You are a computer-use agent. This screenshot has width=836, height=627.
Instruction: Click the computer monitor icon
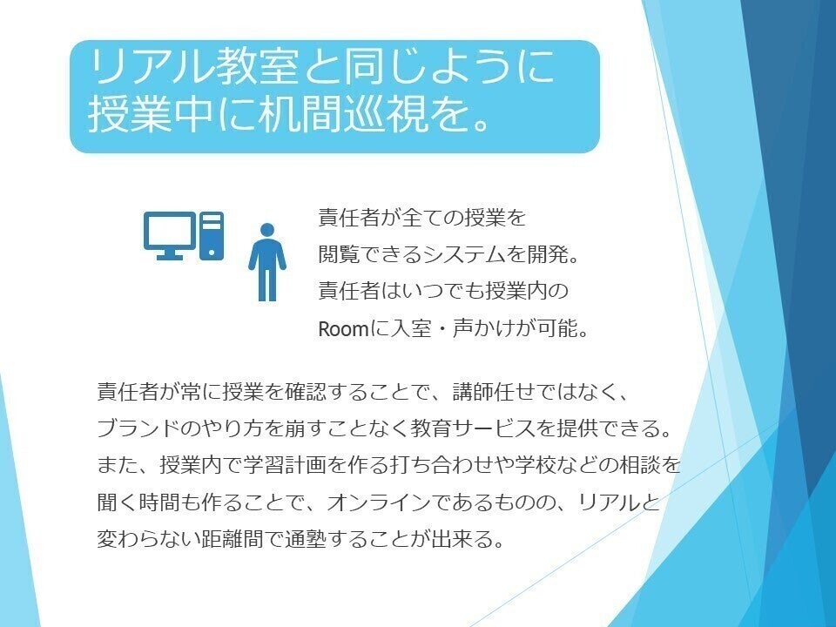tap(170, 235)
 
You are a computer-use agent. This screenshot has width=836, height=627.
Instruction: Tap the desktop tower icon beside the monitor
tap(212, 236)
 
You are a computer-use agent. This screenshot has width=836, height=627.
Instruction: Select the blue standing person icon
tap(267, 262)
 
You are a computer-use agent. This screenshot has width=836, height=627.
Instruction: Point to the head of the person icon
tap(267, 230)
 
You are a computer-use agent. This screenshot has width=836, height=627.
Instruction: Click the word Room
tap(343, 329)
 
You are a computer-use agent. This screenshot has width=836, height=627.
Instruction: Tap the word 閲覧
tap(339, 255)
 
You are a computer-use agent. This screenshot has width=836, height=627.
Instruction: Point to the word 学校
tap(536, 465)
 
